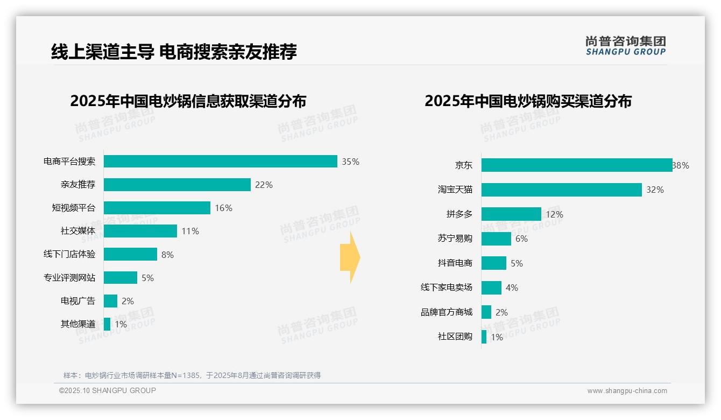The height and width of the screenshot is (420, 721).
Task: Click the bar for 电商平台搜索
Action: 220,162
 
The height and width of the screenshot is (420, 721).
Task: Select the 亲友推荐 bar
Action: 177,185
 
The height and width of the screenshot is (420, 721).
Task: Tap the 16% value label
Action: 224,208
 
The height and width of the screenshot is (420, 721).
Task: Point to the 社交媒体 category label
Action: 78,231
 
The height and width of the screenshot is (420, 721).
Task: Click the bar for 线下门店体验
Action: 130,254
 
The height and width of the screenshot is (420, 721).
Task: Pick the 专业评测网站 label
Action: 69,278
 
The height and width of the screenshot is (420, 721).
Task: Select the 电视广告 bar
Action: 110,301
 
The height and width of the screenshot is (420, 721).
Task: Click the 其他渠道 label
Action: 78,324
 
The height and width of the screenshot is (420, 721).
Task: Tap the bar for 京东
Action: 576,165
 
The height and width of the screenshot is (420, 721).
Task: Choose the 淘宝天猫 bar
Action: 561,190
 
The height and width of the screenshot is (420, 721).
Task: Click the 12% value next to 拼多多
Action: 554,214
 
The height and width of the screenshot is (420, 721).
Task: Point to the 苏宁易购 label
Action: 455,239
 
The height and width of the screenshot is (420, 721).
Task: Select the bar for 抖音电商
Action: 493,263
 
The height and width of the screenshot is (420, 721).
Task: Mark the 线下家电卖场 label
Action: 447,288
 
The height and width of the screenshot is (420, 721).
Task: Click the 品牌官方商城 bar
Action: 486,312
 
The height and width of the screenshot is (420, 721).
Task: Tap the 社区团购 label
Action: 455,337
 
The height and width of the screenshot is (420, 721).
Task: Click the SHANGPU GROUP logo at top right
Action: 626,46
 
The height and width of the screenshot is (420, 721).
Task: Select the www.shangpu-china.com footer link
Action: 627,391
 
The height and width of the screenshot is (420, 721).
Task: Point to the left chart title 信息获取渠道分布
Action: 188,101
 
